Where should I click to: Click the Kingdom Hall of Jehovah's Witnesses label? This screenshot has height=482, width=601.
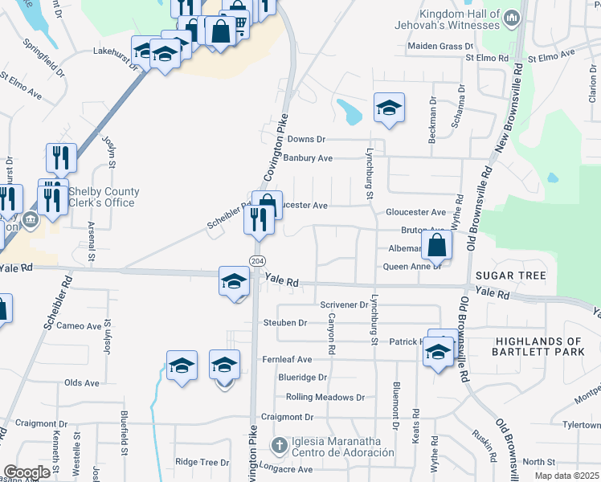pyautogui.click(x=459, y=21)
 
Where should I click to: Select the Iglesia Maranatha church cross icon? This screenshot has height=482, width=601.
pyautogui.click(x=279, y=444)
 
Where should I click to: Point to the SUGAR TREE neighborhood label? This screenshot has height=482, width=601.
pyautogui.click(x=510, y=276)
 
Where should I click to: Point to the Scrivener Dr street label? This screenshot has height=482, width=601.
pyautogui.click(x=344, y=305)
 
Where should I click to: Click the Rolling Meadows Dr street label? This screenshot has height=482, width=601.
pyautogui.click(x=326, y=398)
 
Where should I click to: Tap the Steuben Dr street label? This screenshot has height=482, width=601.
pyautogui.click(x=285, y=323)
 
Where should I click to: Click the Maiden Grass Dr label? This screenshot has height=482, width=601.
pyautogui.click(x=435, y=47)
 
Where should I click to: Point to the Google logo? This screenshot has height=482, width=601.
pyautogui.click(x=27, y=472)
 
